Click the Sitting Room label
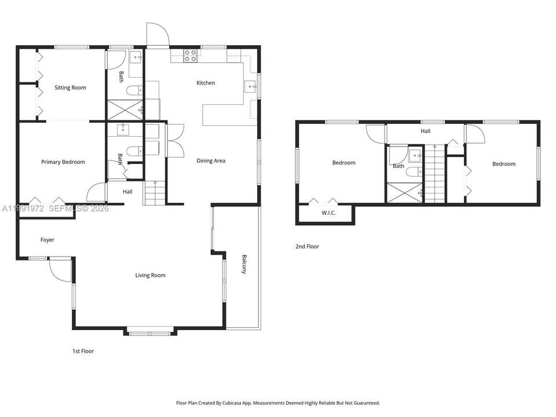tap(70, 87)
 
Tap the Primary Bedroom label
tap(63, 162)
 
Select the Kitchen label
tap(206, 83)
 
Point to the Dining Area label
tap(211, 160)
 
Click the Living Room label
tap(151, 275)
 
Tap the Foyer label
tap(47, 240)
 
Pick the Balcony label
tap(244, 264)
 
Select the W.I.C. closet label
tap(329, 213)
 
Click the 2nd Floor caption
tap(307, 247)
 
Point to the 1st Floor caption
tap(83, 351)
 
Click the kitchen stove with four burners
tap(191, 56)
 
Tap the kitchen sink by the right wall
tap(251, 86)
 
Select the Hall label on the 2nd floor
tap(426, 131)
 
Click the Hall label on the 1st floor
tap(127, 192)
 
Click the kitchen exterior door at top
tap(158, 34)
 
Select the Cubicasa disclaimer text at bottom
tap(278, 403)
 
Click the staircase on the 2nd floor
tap(435, 174)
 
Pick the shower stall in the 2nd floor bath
tap(405, 192)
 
